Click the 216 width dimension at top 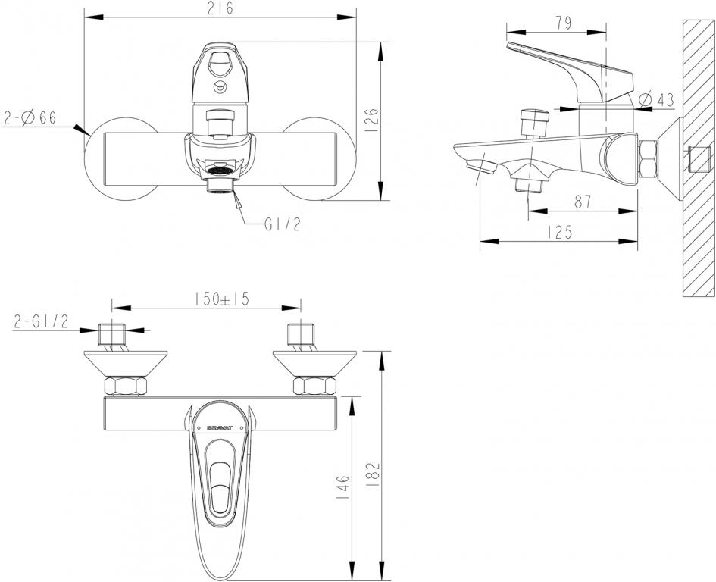click(x=220, y=8)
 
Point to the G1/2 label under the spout click(x=282, y=225)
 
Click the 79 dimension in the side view click(x=561, y=23)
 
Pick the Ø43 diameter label click(x=656, y=99)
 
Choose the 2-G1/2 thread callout click(x=41, y=322)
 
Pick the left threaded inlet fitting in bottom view click(x=111, y=335)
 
